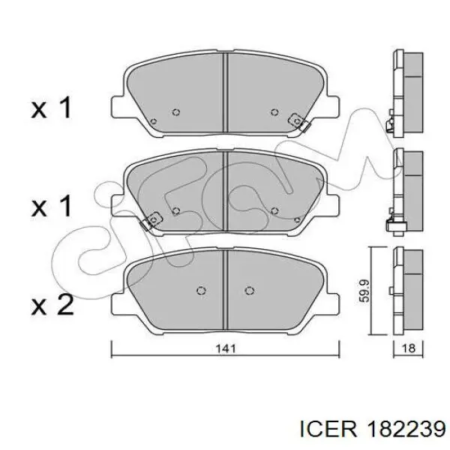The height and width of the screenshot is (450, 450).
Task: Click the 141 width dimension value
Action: point(225,348)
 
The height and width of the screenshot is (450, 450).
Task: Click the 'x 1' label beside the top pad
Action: point(52,109)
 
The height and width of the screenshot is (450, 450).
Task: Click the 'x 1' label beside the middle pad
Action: point(52,206)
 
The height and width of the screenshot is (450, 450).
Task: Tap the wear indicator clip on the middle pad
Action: point(152,220)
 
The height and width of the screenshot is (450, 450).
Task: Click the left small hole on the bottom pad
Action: point(200,290)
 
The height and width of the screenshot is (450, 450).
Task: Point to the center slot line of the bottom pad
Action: point(225,289)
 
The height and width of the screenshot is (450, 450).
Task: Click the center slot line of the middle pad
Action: point(225,191)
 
